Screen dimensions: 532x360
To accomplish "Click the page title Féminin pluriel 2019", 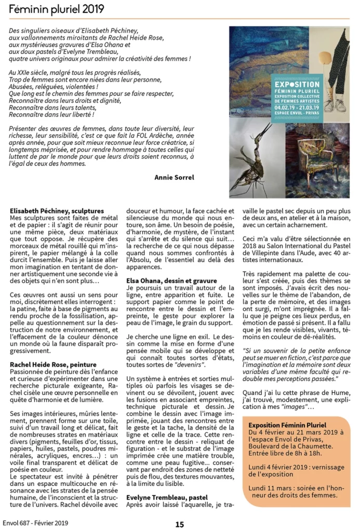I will coord(56,9).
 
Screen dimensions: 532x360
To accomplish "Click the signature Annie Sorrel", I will coord(174,177).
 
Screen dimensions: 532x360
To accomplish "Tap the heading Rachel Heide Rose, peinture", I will coord(54,365).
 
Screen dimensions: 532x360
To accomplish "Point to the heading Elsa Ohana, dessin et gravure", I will coord(171,281).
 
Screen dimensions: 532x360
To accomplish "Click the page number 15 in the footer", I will coord(179,524).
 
